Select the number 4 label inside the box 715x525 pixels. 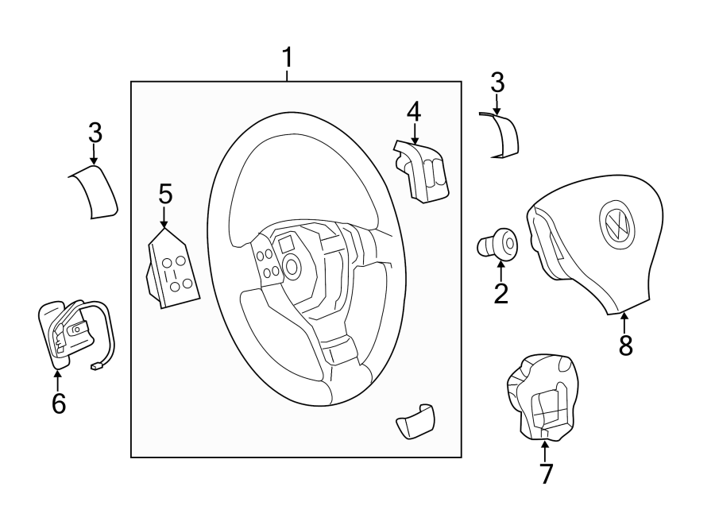tap(413, 111)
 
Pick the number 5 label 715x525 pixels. tap(164, 193)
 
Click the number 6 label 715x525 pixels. tap(59, 403)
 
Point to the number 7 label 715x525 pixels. tap(545, 473)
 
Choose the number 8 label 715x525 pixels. tap(625, 345)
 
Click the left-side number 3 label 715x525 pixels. tap(95, 131)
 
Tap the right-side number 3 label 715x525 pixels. tap(497, 82)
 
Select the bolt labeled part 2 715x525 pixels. tap(497, 242)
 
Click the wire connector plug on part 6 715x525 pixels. tap(97, 367)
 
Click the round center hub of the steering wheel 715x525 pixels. tap(292, 266)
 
